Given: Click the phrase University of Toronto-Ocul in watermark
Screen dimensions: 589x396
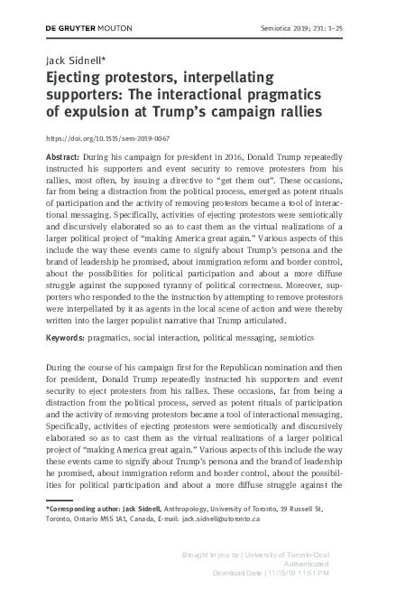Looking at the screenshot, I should point(327,551).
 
